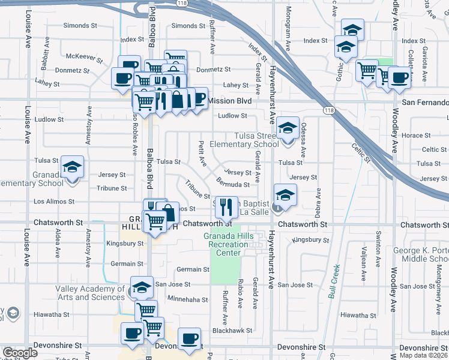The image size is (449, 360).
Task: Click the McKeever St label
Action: [x=81, y=56]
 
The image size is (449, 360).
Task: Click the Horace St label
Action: [x=412, y=136]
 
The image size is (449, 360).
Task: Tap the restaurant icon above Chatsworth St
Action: [x=226, y=207]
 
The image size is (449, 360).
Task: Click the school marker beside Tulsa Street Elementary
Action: [x=288, y=128]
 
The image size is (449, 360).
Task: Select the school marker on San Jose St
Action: [x=142, y=289]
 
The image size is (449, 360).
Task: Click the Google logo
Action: [x=20, y=353]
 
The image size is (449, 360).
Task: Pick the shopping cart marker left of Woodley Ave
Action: [x=366, y=70]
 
